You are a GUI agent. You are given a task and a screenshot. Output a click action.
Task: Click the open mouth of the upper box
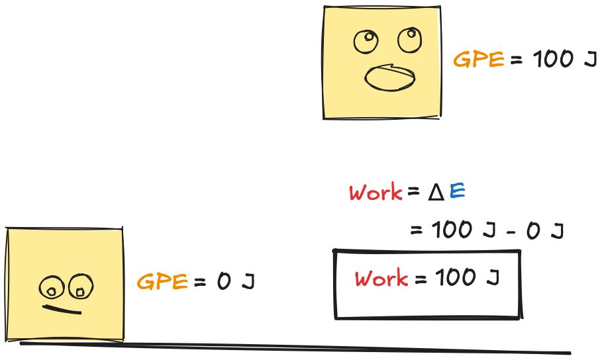coord(390,78)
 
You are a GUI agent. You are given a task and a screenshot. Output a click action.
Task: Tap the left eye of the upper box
coord(366,42)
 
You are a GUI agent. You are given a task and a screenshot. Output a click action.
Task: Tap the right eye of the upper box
coord(409,40)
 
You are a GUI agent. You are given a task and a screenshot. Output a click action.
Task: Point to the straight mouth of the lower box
coord(62,310)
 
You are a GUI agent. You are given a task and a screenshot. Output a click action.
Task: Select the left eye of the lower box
coord(51,287)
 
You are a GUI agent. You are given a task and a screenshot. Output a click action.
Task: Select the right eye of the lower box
coord(81,287)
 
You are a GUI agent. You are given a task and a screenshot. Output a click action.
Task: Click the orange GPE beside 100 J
coord(479,60)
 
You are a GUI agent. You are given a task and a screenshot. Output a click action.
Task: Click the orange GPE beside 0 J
coord(162,281)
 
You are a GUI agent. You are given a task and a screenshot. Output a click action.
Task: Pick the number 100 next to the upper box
coord(554,60)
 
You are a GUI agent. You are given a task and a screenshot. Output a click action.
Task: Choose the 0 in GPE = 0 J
coord(224,281)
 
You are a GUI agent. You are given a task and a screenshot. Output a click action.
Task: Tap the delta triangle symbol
coord(436,193)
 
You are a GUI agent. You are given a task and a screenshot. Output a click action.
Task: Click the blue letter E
coord(457,191)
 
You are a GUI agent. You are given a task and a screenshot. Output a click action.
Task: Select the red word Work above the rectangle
coord(376,192)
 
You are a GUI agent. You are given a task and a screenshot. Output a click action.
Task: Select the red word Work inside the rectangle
coord(381,278)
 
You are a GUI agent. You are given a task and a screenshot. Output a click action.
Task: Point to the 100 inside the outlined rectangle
coord(456,277)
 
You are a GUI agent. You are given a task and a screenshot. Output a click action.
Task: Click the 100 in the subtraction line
coord(452,230)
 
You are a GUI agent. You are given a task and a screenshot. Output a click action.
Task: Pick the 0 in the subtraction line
coord(533,231)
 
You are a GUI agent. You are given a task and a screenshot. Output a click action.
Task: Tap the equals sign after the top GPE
coord(517,60)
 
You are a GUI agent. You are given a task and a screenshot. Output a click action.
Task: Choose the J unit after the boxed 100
coord(493,277)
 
